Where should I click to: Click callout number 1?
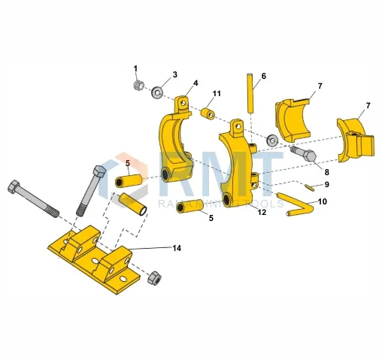pos(136,68)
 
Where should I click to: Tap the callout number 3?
pos(174,74)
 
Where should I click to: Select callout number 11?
pos(217,93)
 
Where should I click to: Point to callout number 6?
pos(263,76)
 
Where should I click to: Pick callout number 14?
pos(177,247)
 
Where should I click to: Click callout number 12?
pos(262,213)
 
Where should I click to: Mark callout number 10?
pos(322,201)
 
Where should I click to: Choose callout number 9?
pos(326,184)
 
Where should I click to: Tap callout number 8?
pos(326,172)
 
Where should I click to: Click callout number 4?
pos(196,83)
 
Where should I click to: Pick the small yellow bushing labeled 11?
pos(208,113)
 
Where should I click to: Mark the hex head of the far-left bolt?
pos(14,186)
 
